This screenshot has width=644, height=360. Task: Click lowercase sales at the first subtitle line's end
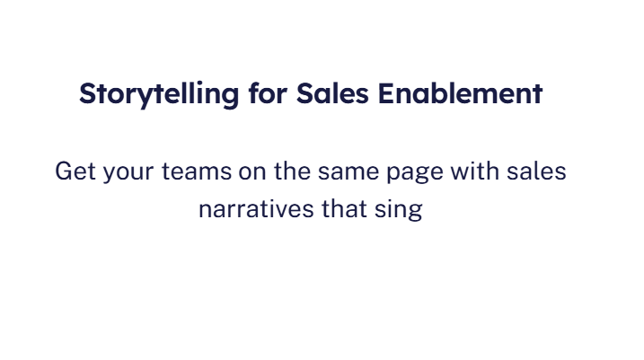[x=541, y=171]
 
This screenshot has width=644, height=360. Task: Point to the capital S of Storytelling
[x=87, y=93]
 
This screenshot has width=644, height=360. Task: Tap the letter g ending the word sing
[x=415, y=213]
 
